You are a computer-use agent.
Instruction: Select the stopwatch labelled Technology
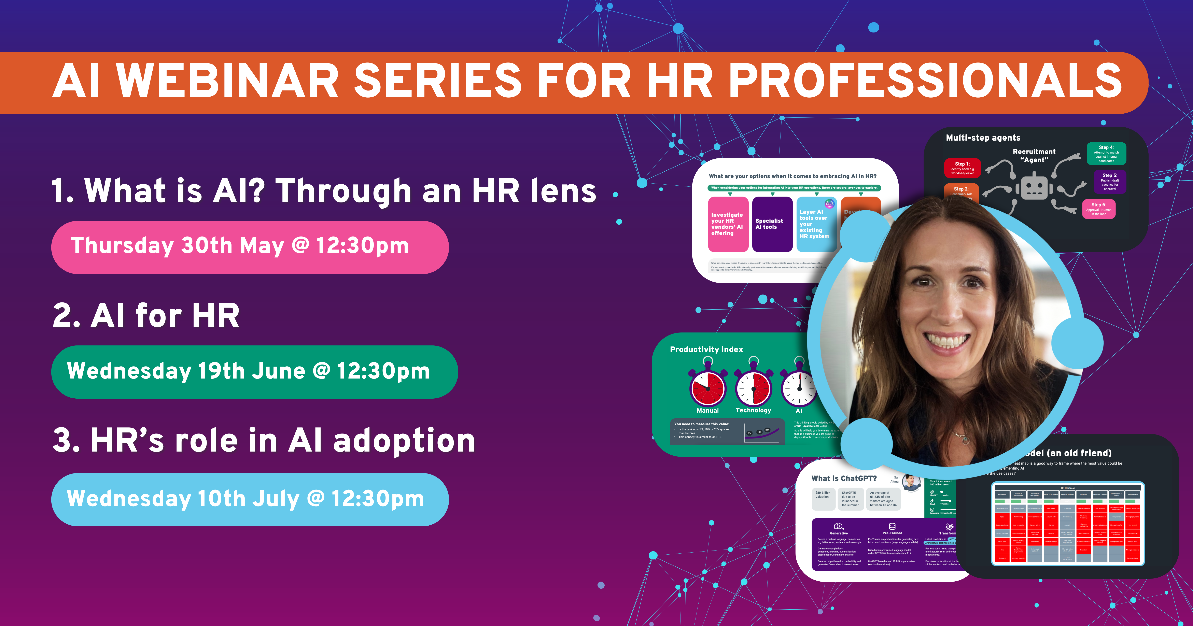point(754,388)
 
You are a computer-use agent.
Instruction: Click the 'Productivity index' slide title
point(706,350)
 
